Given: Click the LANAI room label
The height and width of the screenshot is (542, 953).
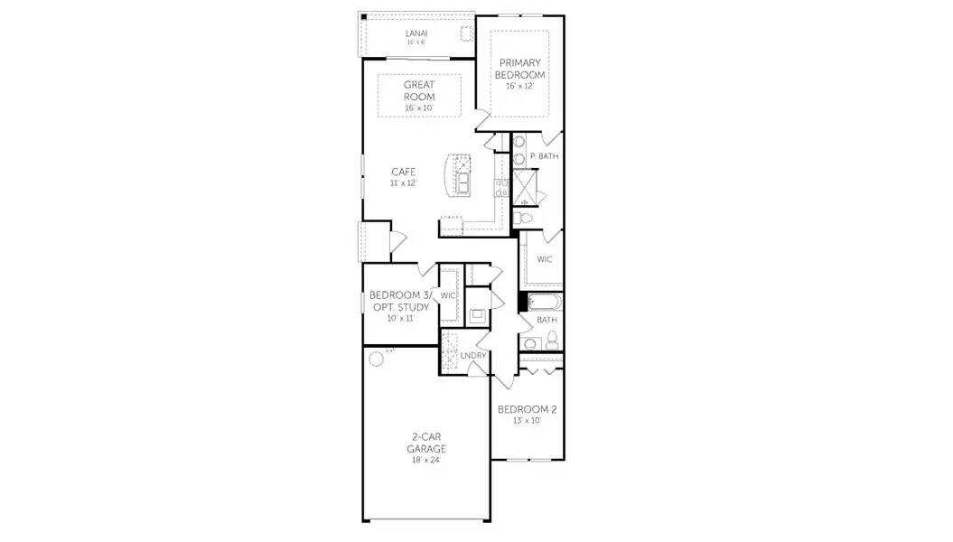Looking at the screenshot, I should (x=416, y=33).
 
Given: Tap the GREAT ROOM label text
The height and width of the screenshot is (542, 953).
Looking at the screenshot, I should (x=419, y=90).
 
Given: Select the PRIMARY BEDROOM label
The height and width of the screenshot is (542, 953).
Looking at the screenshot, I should (x=520, y=69).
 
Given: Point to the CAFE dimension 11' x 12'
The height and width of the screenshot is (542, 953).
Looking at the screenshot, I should (x=403, y=182).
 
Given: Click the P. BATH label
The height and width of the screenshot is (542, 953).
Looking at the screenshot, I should (x=544, y=156).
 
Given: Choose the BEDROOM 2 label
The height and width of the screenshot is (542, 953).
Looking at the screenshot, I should (x=528, y=409).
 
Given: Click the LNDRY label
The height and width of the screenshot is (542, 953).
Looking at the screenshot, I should (x=472, y=355).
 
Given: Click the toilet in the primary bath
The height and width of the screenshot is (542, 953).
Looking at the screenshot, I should (x=525, y=218).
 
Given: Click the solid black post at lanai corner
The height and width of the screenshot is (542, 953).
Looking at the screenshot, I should (x=362, y=17).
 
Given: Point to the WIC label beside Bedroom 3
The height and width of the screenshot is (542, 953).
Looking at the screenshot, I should (x=447, y=295).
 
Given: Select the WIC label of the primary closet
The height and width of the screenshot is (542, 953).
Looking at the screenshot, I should (x=544, y=258).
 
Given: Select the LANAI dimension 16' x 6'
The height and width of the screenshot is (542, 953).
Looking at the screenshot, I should (x=416, y=42).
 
